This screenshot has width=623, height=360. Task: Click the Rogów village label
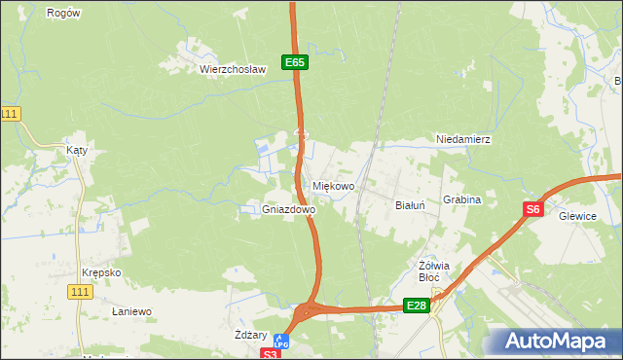point(63,14)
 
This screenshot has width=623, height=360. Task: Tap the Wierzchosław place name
point(233,69)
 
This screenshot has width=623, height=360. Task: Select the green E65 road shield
point(296,62)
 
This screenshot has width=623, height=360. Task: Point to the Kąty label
point(77,151)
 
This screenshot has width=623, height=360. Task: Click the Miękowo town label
point(334,186)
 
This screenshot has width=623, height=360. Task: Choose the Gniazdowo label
point(288,209)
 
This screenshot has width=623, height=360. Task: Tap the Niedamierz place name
point(463,140)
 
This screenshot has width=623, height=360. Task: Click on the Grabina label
point(462,199)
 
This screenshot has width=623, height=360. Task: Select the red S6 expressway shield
point(532,208)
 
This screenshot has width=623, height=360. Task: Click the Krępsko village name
point(101,272)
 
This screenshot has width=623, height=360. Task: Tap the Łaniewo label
point(131,311)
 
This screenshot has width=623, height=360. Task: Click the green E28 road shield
point(417,306)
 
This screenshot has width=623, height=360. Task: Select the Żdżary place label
point(252,334)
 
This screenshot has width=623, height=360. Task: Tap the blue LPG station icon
point(281,342)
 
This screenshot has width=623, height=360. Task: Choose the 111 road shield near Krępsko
point(82,291)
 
